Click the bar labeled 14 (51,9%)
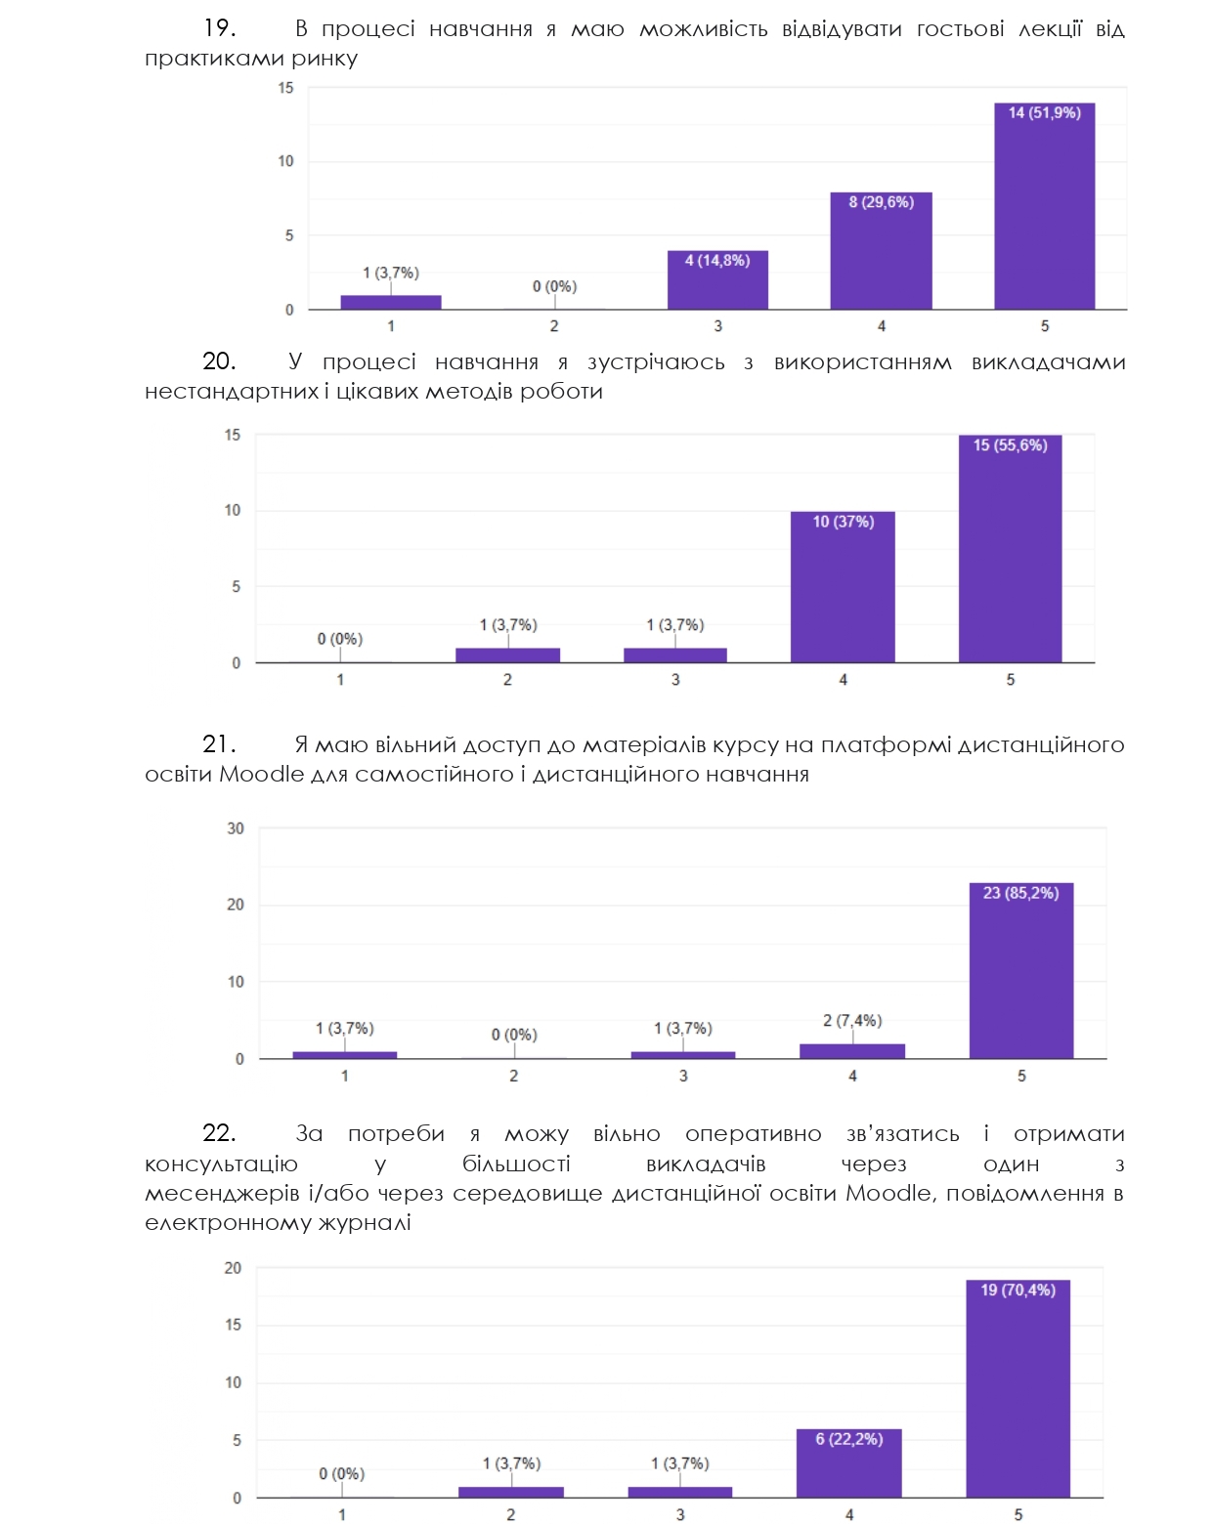click(1044, 206)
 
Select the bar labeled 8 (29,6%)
click(881, 251)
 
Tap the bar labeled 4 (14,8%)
click(717, 280)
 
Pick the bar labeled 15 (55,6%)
click(1010, 549)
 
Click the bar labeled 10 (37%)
click(843, 587)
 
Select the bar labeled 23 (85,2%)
click(1021, 970)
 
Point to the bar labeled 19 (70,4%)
click(1018, 1388)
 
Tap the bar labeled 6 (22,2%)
click(848, 1462)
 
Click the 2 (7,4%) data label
click(852, 1021)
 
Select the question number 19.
click(219, 28)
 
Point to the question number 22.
click(219, 1133)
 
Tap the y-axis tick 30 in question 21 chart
click(236, 828)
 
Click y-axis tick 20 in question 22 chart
click(233, 1268)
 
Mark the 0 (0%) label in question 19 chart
click(554, 286)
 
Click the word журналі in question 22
click(365, 1223)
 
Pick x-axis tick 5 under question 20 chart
click(1011, 680)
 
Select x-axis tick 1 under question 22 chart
click(341, 1515)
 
